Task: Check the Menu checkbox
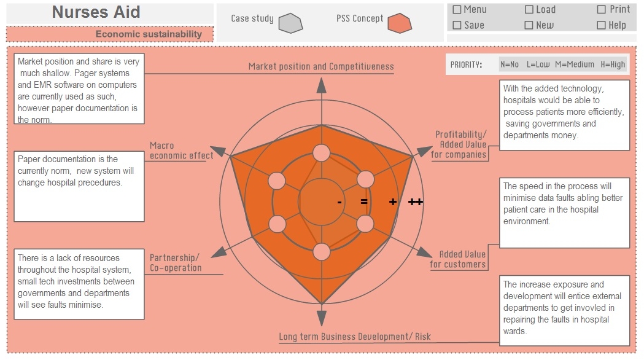457,9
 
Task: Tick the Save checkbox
457,25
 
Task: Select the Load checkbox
529,9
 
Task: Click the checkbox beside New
529,25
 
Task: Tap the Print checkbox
601,9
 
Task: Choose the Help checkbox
601,25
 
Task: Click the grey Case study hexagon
290,23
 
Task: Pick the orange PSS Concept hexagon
400,23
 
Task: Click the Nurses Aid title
96,12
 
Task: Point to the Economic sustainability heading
149,34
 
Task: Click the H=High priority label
613,65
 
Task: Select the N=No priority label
510,65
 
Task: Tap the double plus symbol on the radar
416,202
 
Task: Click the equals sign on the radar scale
364,202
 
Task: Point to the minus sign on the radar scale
339,202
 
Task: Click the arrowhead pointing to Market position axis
322,85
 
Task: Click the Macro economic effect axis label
181,151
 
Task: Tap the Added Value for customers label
457,259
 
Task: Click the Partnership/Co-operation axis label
176,262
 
